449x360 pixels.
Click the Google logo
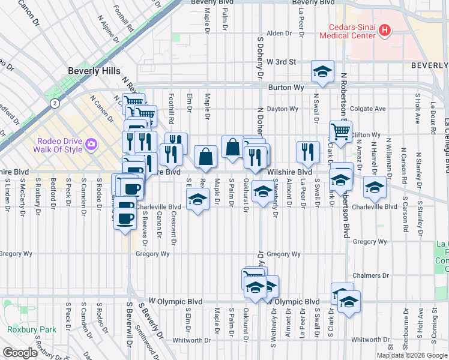click(x=20, y=353)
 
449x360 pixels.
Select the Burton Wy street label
click(x=285, y=87)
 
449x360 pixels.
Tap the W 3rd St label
click(x=282, y=62)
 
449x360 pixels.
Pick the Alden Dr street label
click(x=278, y=34)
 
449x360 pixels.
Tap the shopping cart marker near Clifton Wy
click(x=340, y=132)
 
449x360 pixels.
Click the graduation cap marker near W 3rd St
click(x=322, y=72)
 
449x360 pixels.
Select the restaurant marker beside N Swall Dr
click(x=308, y=152)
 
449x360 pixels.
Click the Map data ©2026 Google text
click(x=411, y=355)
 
